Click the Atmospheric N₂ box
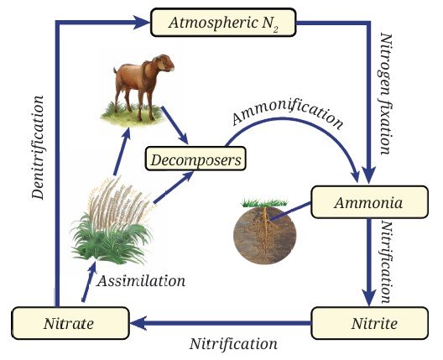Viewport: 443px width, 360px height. click(x=223, y=23)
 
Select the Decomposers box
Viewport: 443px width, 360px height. click(x=195, y=159)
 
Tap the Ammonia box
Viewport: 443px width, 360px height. click(x=369, y=202)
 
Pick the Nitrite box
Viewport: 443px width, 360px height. click(x=369, y=323)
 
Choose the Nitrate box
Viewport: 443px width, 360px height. click(x=70, y=323)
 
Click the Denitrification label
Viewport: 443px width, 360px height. click(x=38, y=148)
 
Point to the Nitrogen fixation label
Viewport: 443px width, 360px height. click(x=387, y=94)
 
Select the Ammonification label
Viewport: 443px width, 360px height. click(x=288, y=115)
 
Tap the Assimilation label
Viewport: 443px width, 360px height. click(x=141, y=281)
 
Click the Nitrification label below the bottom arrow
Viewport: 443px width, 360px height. click(x=233, y=344)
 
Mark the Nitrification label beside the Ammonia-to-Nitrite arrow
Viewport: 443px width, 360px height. click(x=387, y=263)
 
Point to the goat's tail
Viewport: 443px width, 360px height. click(x=115, y=70)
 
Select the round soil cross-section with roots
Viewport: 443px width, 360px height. click(x=265, y=232)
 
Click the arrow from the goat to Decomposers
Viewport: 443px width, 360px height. click(x=175, y=125)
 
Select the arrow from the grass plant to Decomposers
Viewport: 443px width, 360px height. click(x=174, y=187)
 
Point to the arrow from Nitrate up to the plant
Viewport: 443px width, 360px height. click(x=89, y=281)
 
